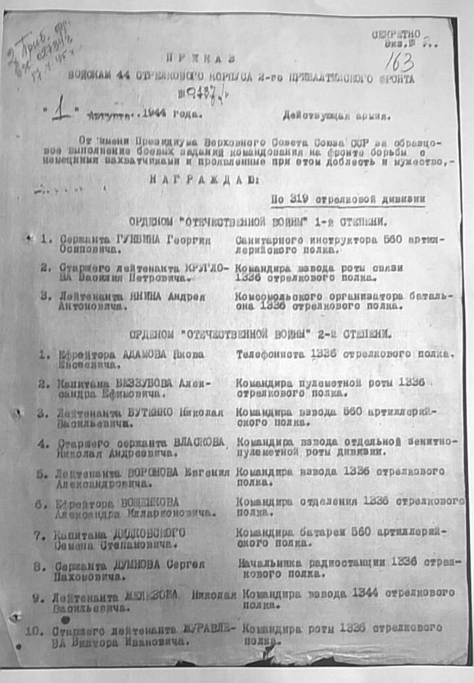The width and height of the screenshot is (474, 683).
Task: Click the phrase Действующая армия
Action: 338,115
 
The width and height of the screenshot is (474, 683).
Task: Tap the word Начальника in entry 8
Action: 265,562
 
